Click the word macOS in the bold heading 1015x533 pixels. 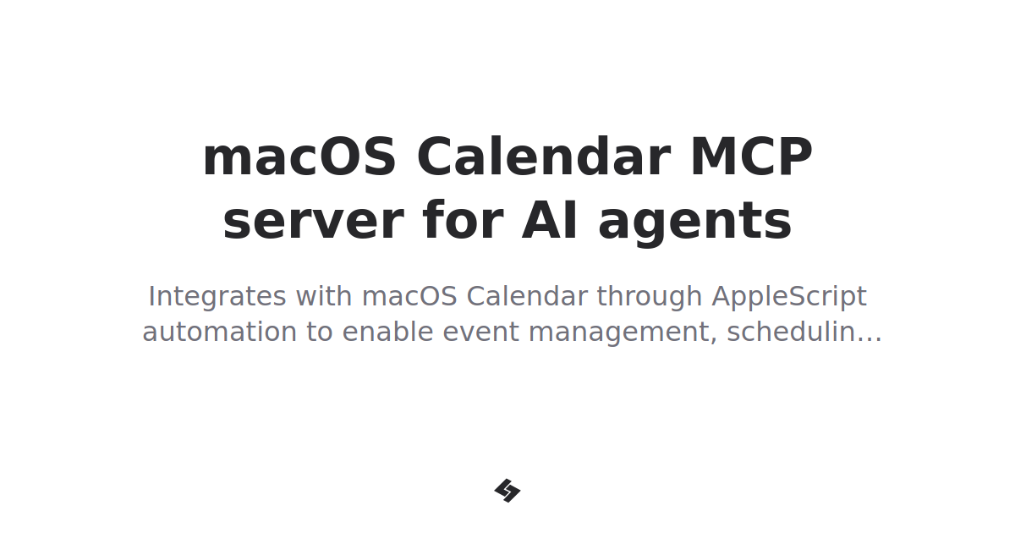299,157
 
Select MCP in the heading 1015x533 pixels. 751,157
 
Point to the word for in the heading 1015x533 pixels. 461,222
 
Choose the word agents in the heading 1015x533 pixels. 695,223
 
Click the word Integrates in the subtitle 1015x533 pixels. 217,298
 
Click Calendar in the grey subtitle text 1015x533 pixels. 527,296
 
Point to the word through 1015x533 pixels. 650,298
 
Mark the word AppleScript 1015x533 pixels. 789,298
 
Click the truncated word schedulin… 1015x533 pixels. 804,332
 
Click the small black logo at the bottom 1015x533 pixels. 507,491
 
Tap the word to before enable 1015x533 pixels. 320,332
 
